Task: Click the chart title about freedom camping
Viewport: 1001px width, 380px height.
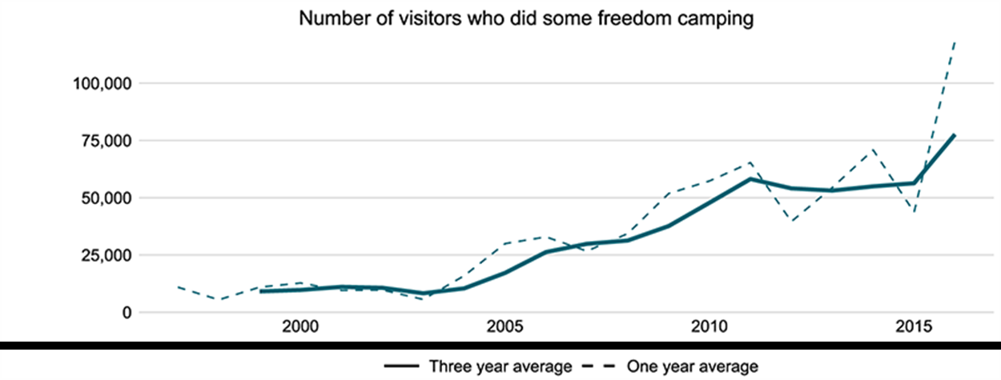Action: (x=527, y=18)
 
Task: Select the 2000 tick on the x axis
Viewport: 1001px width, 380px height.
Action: (x=299, y=329)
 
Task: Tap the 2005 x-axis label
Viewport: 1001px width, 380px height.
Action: (x=504, y=329)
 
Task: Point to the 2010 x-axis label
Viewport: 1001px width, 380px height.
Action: (x=709, y=329)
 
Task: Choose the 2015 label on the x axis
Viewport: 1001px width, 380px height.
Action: (x=913, y=329)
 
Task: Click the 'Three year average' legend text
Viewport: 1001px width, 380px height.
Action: (x=500, y=366)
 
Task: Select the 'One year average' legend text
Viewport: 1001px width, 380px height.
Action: (x=693, y=366)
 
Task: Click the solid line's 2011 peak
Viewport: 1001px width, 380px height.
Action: (x=750, y=178)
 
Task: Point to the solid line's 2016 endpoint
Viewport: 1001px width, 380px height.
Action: (x=954, y=135)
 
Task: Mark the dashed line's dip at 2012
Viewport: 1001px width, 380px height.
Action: (x=790, y=220)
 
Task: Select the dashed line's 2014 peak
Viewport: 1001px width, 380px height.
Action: (x=872, y=150)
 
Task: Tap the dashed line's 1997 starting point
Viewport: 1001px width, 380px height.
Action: (x=177, y=286)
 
